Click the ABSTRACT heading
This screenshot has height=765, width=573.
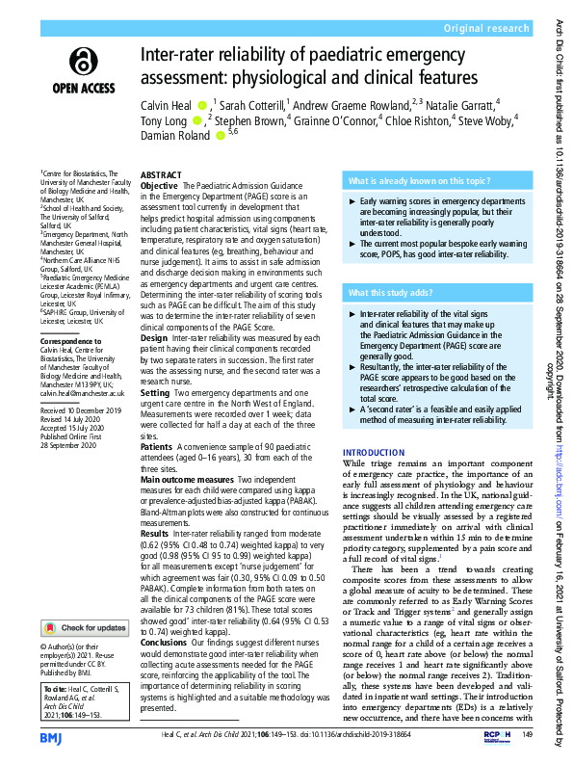(161, 175)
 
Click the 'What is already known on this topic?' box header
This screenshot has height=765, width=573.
(412, 181)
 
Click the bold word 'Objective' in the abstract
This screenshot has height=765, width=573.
(160, 185)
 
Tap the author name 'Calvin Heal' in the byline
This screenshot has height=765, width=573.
(168, 104)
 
